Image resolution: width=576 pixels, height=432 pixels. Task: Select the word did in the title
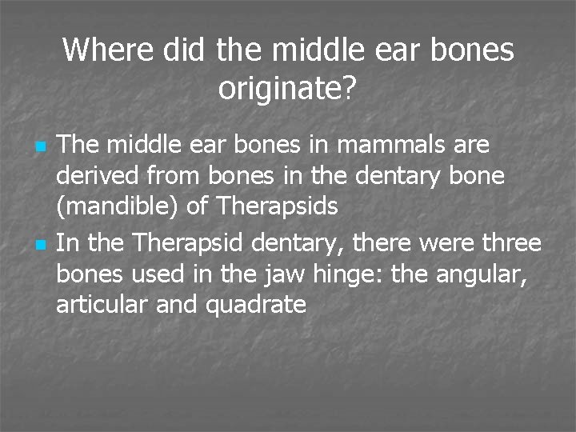183,50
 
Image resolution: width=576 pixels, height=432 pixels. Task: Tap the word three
511,242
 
